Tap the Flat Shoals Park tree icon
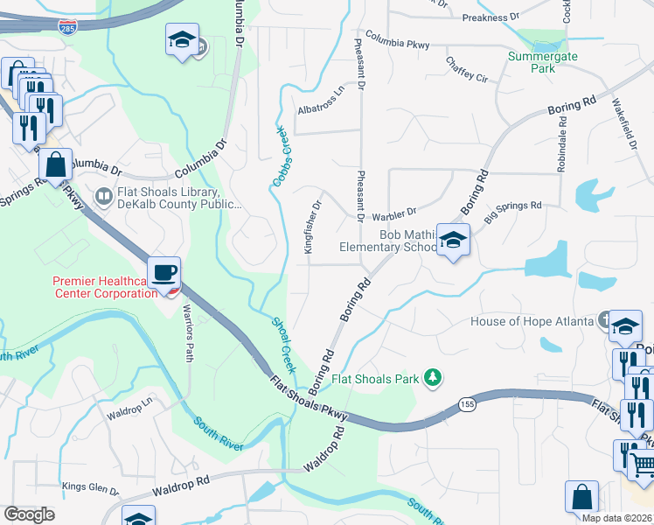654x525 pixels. [x=431, y=378]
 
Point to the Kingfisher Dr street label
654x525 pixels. [x=313, y=227]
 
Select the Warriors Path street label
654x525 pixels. [x=188, y=332]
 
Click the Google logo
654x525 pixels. [x=30, y=514]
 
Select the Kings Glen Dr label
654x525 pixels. [x=84, y=486]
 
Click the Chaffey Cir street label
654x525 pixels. [x=466, y=69]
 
